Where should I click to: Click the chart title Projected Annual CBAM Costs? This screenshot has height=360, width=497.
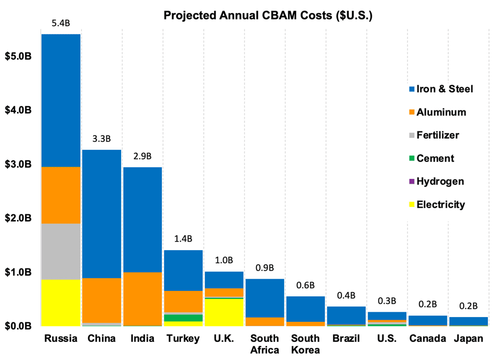pos(268,15)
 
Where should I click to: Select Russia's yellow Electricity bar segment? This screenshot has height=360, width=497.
pos(61,302)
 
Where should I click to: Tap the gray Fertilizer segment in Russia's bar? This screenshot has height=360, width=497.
pos(61,251)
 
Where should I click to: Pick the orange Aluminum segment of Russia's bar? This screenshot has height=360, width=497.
pos(61,195)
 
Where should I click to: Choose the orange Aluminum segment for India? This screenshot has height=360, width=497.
pos(142,298)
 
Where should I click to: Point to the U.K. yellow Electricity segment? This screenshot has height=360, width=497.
pos(224,312)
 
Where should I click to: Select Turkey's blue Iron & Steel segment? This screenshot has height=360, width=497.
pos(183,270)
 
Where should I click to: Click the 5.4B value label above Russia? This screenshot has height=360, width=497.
pos(61,24)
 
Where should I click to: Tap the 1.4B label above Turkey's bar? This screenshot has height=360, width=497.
pos(183,240)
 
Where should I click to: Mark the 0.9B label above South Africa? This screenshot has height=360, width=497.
pos(265,269)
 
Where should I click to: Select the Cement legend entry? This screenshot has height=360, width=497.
pos(435,158)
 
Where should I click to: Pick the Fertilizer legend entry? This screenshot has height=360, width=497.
pos(438,135)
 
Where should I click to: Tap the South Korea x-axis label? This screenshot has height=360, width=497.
pos(305,344)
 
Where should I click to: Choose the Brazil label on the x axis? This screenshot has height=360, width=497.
pos(346,338)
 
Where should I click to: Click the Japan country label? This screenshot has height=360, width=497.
pos(469,338)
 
